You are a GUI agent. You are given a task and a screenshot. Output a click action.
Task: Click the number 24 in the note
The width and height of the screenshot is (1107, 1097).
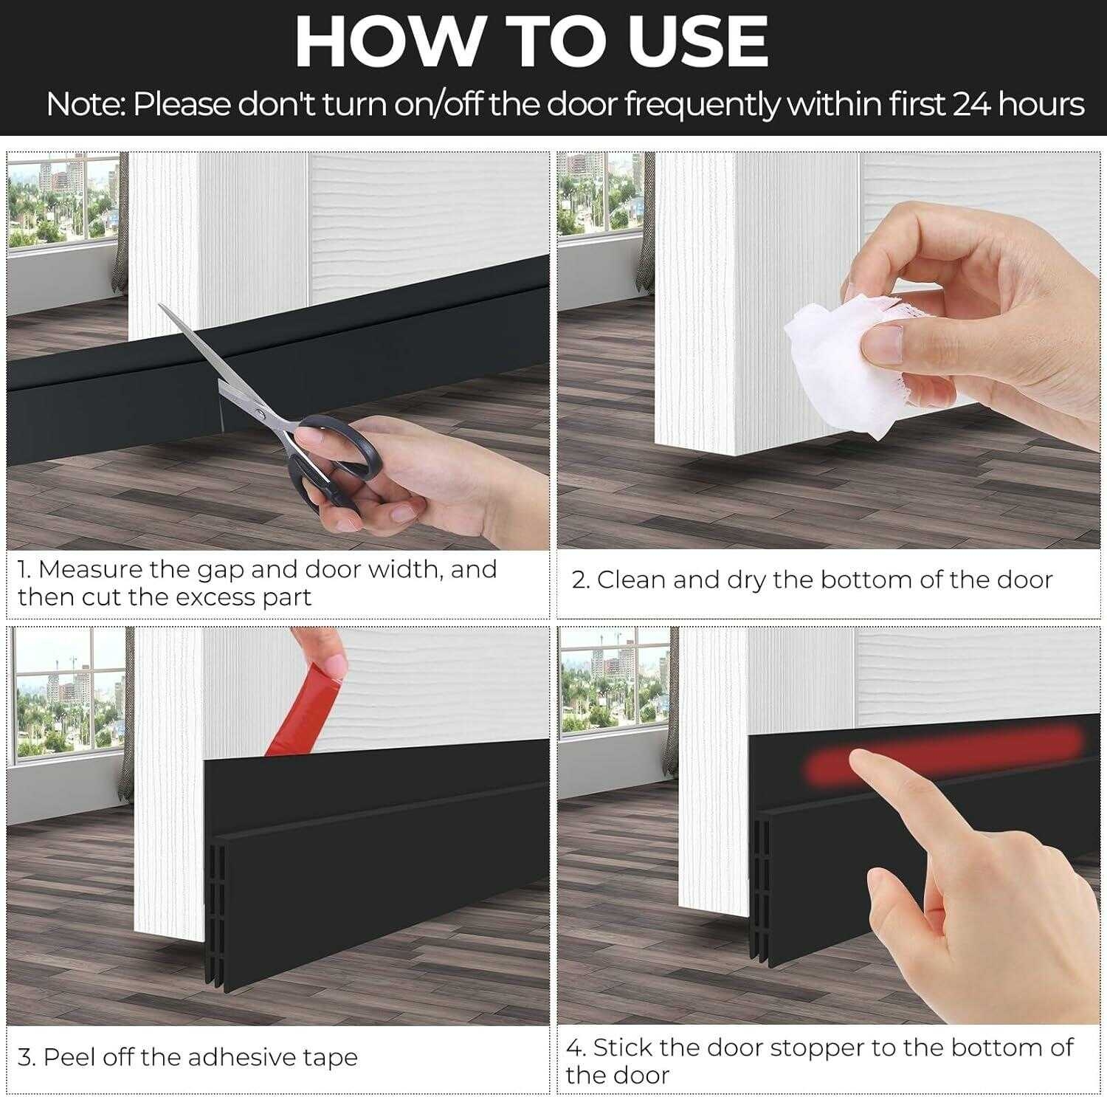click(x=971, y=104)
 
